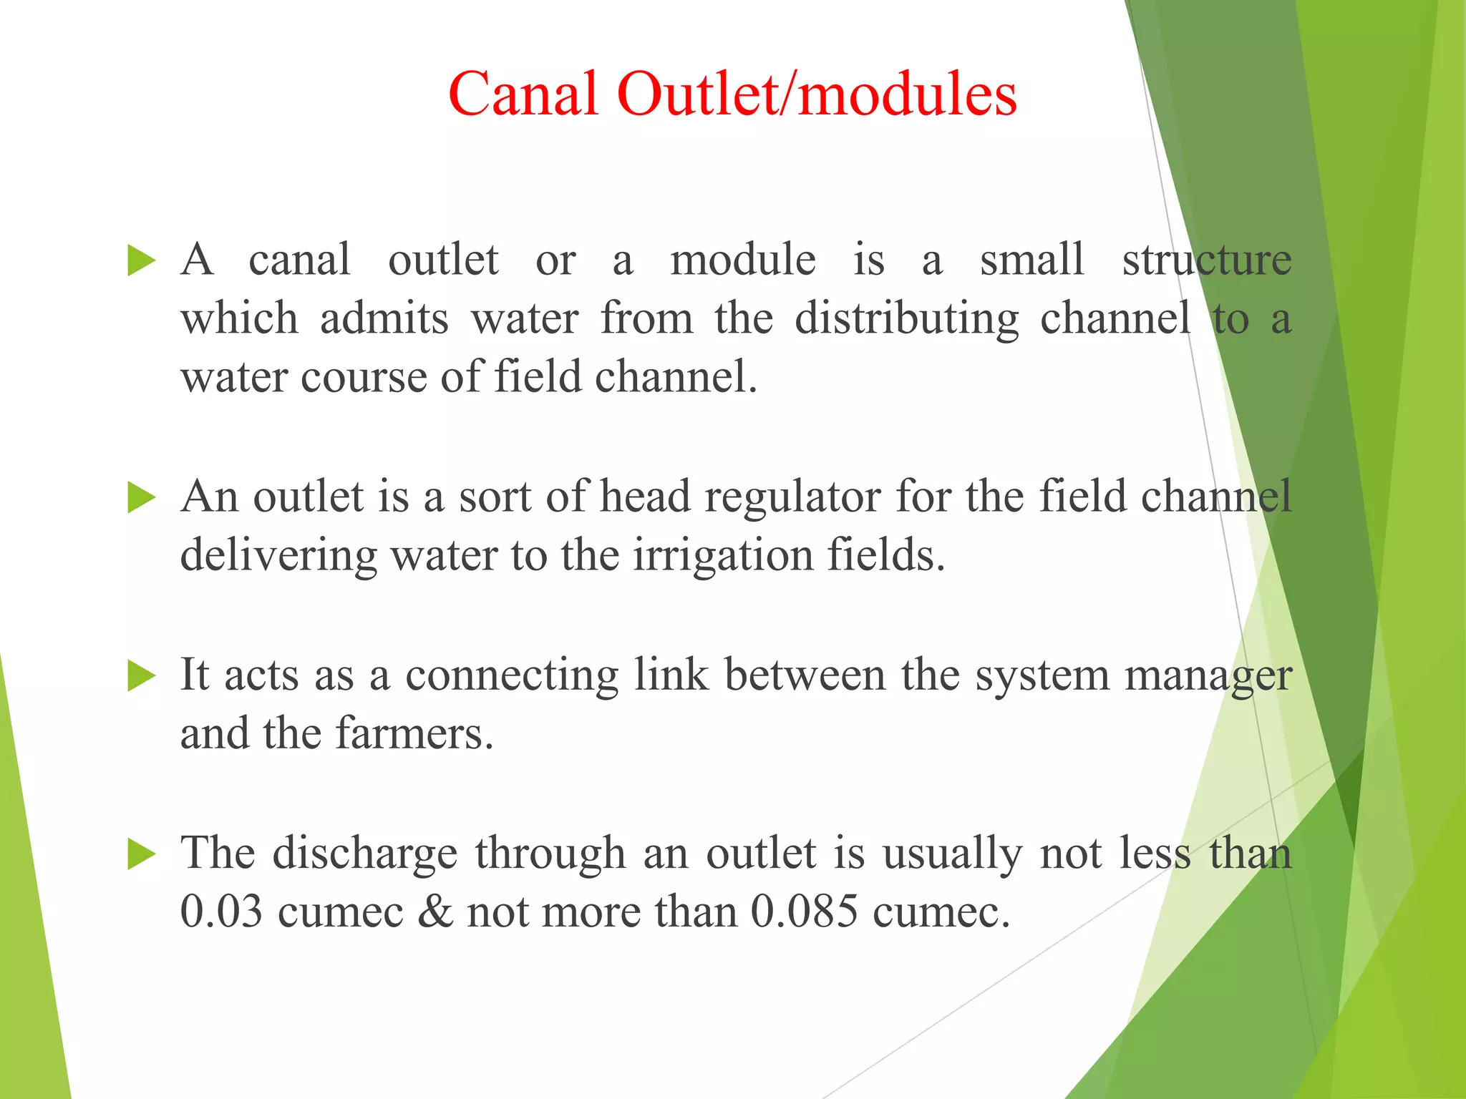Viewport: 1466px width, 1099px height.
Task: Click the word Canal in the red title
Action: [x=523, y=94]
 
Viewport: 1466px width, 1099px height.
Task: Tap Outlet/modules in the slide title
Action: [x=816, y=94]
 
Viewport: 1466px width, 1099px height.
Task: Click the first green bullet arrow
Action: [x=141, y=260]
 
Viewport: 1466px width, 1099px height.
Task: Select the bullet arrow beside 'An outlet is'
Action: [x=141, y=497]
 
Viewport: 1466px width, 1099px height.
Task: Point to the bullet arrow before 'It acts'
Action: [x=141, y=675]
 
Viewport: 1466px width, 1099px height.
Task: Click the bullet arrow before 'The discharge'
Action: [x=141, y=854]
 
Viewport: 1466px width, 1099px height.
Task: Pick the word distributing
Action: [x=906, y=319]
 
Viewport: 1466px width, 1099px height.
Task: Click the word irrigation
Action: [x=723, y=556]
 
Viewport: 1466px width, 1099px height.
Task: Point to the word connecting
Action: [x=511, y=675]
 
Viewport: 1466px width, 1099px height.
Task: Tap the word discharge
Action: [x=364, y=854]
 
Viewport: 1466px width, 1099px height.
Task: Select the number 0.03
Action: [x=221, y=913]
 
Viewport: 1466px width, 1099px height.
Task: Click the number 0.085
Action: [x=804, y=913]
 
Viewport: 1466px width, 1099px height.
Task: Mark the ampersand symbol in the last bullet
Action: [x=435, y=913]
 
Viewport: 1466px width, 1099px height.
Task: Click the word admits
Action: [x=384, y=319]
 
